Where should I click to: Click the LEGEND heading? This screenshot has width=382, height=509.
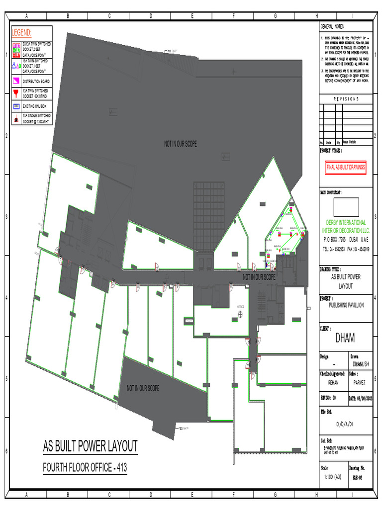[22, 33]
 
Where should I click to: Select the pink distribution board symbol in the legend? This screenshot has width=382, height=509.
[16, 81]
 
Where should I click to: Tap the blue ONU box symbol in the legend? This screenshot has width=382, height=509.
[16, 106]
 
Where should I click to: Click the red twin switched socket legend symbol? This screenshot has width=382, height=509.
[16, 93]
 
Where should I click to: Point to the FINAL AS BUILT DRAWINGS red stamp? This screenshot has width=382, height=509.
[346, 168]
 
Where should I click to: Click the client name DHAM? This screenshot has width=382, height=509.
[345, 339]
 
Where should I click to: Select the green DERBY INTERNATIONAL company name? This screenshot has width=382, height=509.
[346, 223]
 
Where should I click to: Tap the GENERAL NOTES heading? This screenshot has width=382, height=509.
[332, 26]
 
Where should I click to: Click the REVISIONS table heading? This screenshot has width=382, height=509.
[346, 99]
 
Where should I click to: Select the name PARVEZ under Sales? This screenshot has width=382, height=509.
[359, 383]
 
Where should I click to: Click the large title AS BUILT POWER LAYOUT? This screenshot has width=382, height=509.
[90, 446]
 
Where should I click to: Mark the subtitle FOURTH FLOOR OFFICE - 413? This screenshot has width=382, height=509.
[84, 468]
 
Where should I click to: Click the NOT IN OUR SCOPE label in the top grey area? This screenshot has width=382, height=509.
[181, 144]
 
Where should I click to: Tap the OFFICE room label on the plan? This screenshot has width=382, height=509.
[241, 307]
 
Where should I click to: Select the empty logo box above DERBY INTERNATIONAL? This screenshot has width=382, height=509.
[346, 207]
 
